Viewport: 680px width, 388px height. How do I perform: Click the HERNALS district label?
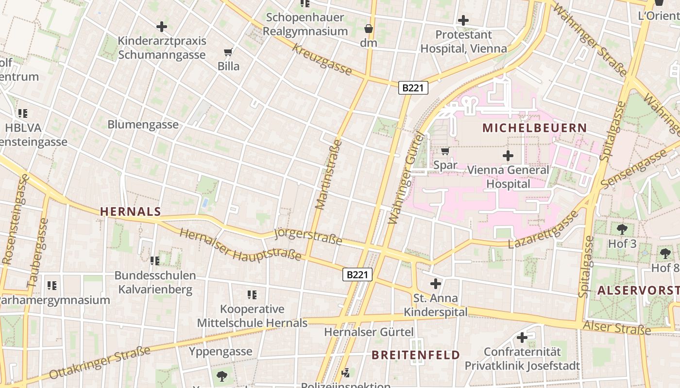pyautogui.click(x=130, y=211)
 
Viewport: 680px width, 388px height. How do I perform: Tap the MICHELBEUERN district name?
pyautogui.click(x=534, y=128)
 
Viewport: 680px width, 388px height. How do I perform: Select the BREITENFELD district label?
pyautogui.click(x=416, y=355)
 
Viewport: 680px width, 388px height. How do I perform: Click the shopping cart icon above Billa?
pyautogui.click(x=228, y=52)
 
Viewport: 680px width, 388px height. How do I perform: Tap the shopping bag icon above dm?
pyautogui.click(x=369, y=29)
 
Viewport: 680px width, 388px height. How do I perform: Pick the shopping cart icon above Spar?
pyautogui.click(x=445, y=151)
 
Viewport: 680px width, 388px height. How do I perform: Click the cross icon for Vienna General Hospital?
pyautogui.click(x=508, y=156)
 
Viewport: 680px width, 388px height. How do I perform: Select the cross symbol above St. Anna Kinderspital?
pyautogui.click(x=436, y=283)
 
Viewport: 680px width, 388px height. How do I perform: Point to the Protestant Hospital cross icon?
pyautogui.click(x=463, y=20)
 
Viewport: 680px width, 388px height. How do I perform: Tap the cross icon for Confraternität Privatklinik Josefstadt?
pyautogui.click(x=522, y=337)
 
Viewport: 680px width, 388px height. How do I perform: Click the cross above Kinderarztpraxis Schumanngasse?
pyautogui.click(x=162, y=27)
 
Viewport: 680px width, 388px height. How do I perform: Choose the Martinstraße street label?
pyautogui.click(x=328, y=175)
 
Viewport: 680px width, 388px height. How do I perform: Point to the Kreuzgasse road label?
pyautogui.click(x=323, y=60)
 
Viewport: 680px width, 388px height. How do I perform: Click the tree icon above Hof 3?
pyautogui.click(x=622, y=229)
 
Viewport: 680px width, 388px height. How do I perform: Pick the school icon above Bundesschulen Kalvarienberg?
pyautogui.click(x=155, y=261)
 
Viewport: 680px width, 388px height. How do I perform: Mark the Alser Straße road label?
pyautogui.click(x=617, y=328)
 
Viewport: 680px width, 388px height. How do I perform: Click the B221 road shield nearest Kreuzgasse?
pyautogui.click(x=413, y=88)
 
